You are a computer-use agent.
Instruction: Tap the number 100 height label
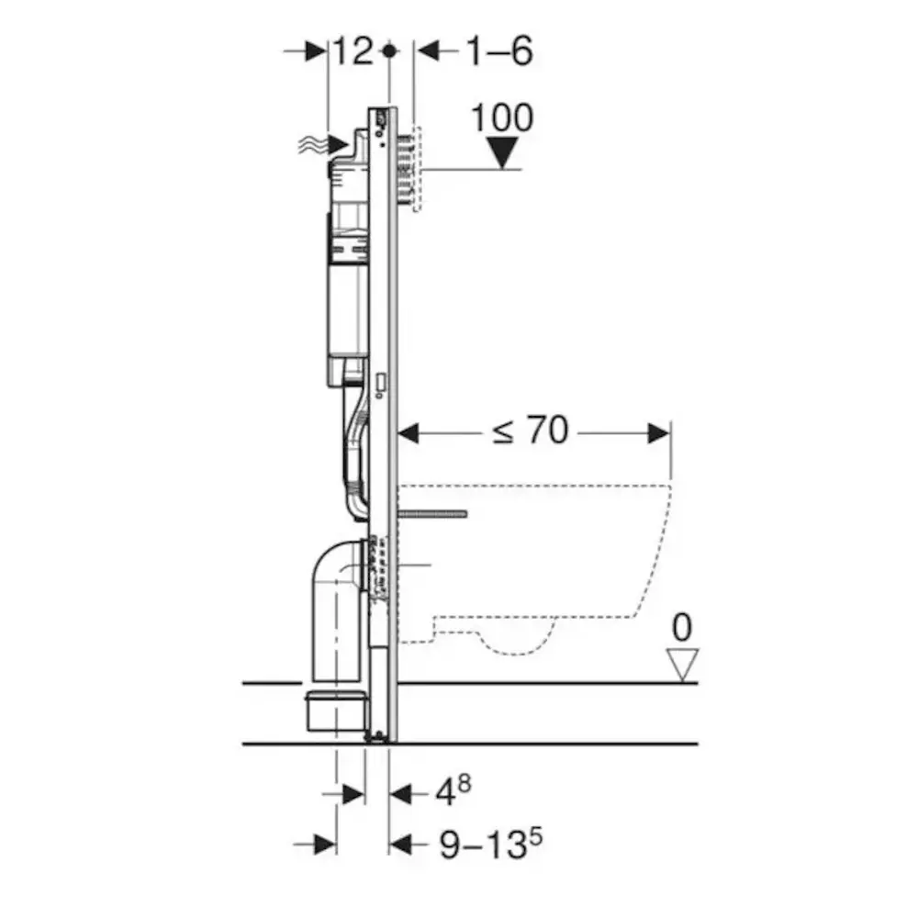click(502, 118)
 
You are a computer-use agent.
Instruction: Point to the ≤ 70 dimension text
click(530, 431)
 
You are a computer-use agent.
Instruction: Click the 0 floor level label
click(682, 628)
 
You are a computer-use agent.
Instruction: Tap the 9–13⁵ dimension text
click(490, 843)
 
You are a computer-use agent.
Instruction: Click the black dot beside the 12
click(389, 51)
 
